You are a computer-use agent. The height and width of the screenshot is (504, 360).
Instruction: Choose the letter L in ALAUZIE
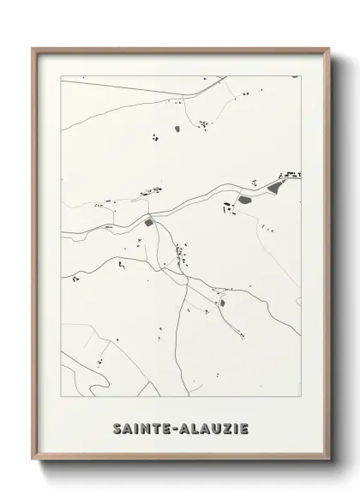(195, 428)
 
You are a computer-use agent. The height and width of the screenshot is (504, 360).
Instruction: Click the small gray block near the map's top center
(177, 129)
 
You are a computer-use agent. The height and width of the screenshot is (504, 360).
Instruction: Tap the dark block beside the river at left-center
(149, 223)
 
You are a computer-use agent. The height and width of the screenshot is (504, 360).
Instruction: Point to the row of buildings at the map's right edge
(291, 175)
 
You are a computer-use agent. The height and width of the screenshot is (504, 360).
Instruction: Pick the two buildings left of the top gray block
(155, 135)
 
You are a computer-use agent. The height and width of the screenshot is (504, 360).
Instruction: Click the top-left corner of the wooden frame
(33, 48)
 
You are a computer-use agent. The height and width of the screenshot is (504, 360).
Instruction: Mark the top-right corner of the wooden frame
(329, 48)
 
